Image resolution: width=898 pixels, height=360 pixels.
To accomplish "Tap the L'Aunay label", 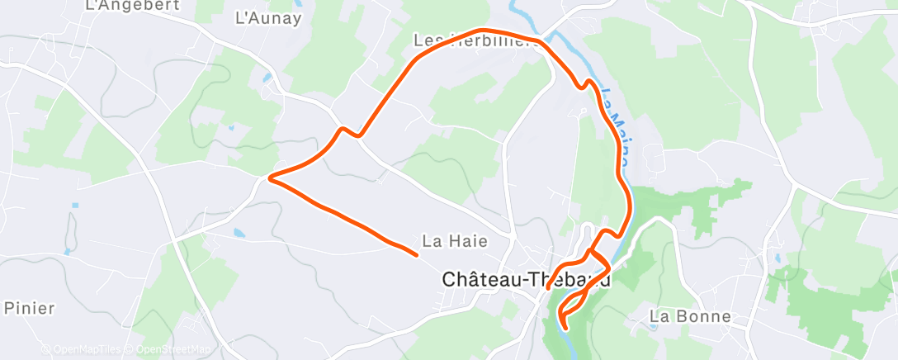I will pyautogui.click(x=267, y=18).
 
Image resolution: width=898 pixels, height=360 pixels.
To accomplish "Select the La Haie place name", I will pyautogui.click(x=455, y=241).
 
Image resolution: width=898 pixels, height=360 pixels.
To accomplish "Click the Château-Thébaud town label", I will pyautogui.click(x=527, y=279).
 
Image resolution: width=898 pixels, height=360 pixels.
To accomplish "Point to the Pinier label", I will pyautogui.click(x=30, y=308).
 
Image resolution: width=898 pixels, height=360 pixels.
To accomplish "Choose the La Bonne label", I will pyautogui.click(x=690, y=316).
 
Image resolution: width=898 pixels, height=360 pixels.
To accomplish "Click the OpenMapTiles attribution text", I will pyautogui.click(x=83, y=349).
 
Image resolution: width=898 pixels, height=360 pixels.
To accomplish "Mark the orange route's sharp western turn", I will pyautogui.click(x=271, y=176).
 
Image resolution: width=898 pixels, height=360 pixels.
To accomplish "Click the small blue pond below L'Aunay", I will pyautogui.click(x=266, y=79).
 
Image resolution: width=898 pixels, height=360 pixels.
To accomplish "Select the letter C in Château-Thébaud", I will pyautogui.click(x=450, y=279).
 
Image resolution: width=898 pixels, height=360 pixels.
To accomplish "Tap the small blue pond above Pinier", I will pyautogui.click(x=75, y=205).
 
